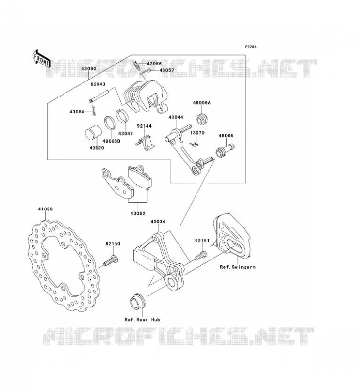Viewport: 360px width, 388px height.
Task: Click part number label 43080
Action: [x=89, y=68]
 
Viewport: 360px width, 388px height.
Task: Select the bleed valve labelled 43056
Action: [x=137, y=65]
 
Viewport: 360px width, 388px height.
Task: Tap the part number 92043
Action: [x=98, y=84]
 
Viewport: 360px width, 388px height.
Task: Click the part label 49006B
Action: [x=111, y=141]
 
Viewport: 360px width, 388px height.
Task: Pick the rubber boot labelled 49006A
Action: [x=202, y=119]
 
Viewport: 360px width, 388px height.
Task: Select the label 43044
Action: [x=176, y=117]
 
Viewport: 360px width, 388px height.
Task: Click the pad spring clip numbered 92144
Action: [x=146, y=143]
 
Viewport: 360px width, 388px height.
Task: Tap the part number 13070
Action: [x=197, y=133]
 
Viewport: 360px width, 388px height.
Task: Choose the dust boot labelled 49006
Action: [x=225, y=150]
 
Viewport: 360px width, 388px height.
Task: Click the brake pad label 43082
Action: [x=138, y=213]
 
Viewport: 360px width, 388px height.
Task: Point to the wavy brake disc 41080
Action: [x=64, y=265]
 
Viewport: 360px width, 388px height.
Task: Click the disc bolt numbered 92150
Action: [x=111, y=261]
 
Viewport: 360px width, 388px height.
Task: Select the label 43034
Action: [x=158, y=222]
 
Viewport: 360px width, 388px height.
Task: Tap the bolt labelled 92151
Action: [x=201, y=256]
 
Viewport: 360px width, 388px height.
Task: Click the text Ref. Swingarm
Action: [x=238, y=267]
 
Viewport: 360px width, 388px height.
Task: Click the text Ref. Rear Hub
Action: [x=142, y=320]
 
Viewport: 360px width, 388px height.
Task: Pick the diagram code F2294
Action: [x=251, y=47]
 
